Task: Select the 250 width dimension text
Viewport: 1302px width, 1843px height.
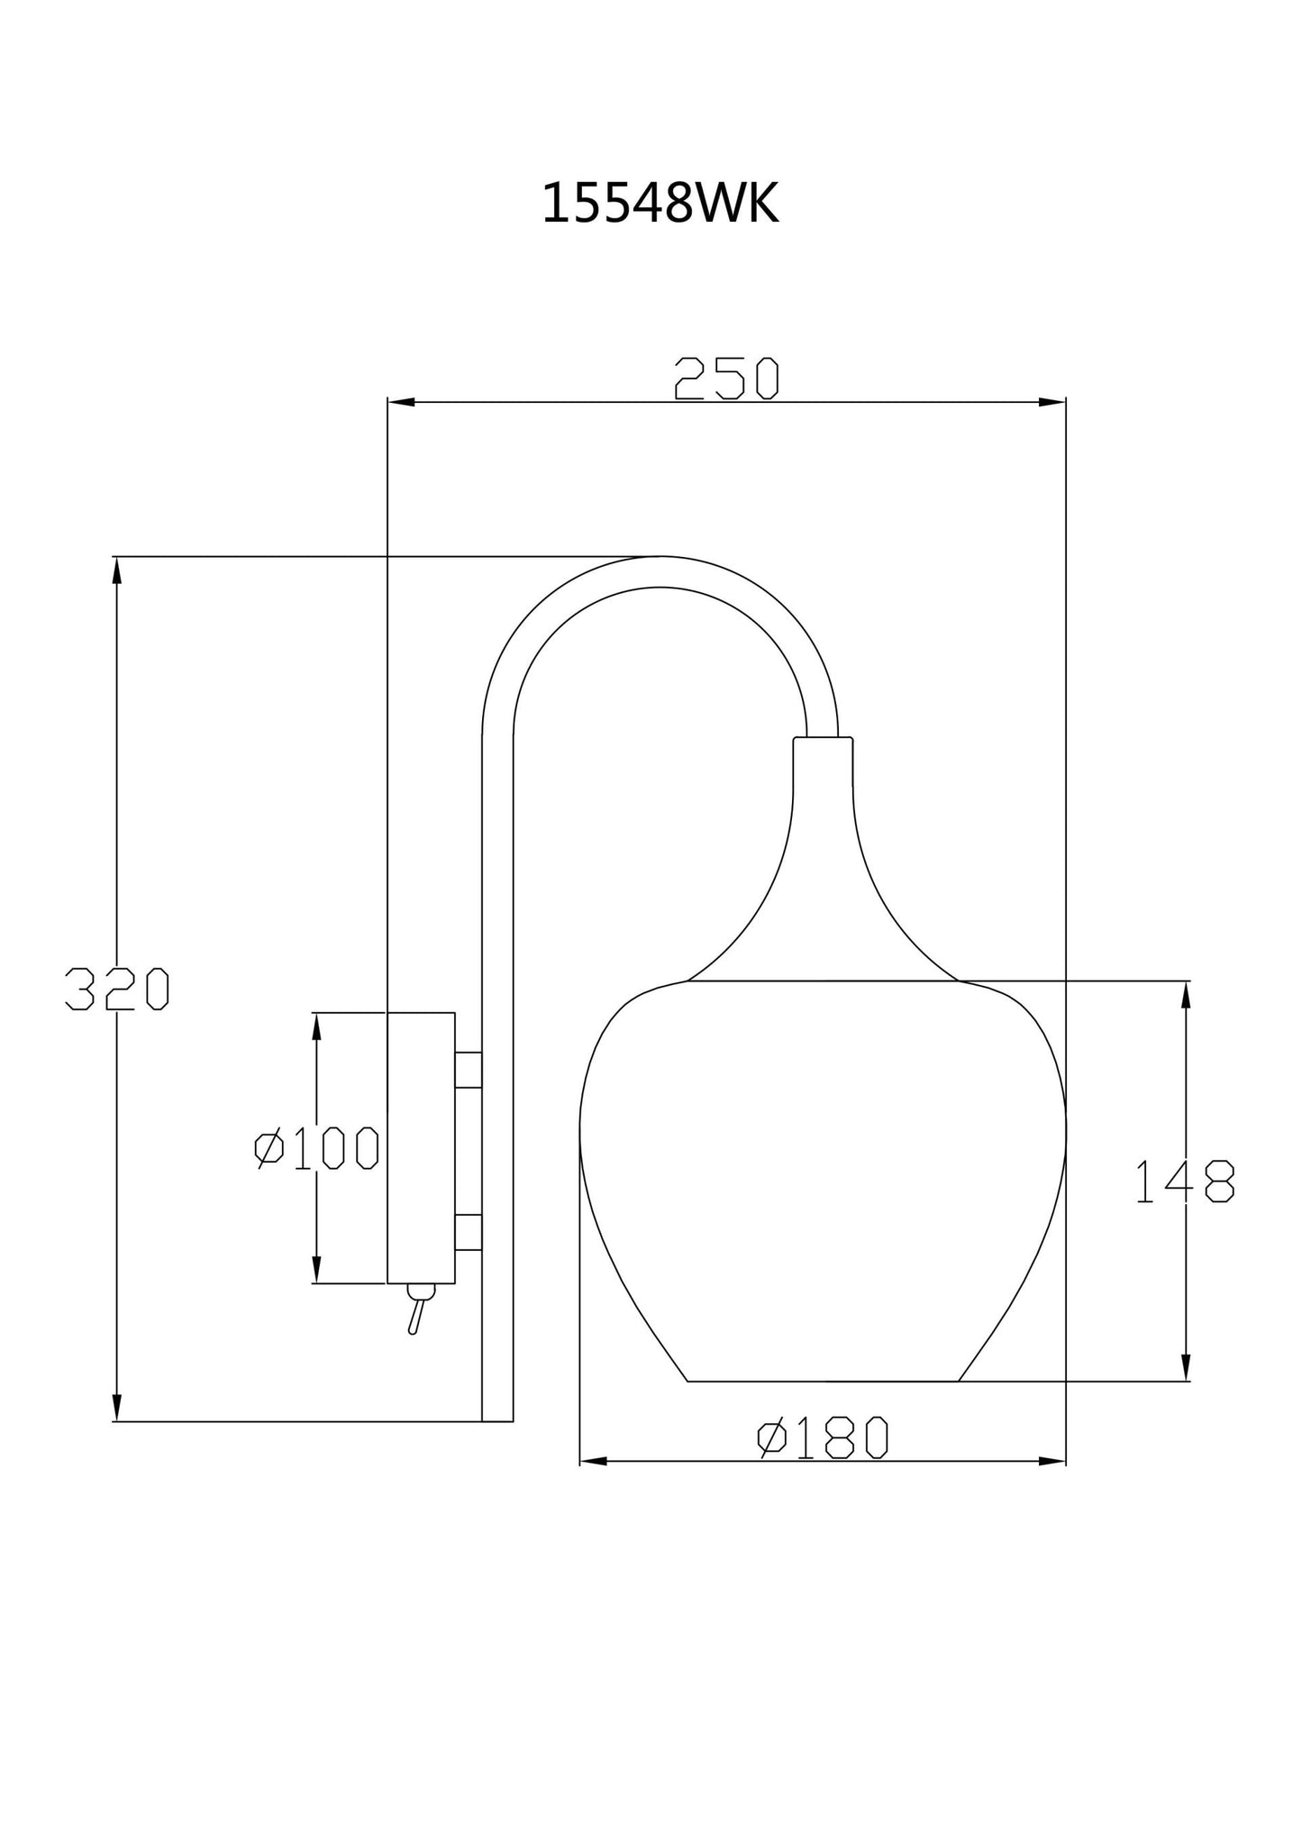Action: tap(726, 379)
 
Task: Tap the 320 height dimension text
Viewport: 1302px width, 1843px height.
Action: tap(117, 990)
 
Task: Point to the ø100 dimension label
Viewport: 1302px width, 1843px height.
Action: tap(317, 1148)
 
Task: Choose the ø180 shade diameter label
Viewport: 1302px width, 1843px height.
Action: tap(823, 1438)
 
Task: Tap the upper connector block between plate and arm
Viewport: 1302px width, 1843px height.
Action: tap(469, 1070)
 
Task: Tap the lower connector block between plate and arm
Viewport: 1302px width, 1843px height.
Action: tap(469, 1232)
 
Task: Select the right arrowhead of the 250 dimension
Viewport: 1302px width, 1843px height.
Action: tap(1052, 402)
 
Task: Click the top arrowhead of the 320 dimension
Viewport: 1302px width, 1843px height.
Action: tap(116, 570)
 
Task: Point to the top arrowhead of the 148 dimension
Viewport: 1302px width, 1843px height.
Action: tap(1186, 994)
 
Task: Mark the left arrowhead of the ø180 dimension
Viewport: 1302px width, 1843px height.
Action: tap(592, 1461)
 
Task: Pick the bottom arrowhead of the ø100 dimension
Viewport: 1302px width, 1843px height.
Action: tap(316, 1270)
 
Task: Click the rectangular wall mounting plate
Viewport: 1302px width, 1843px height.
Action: tap(421, 1147)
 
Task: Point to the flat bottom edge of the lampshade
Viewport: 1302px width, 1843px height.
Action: tap(823, 1381)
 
